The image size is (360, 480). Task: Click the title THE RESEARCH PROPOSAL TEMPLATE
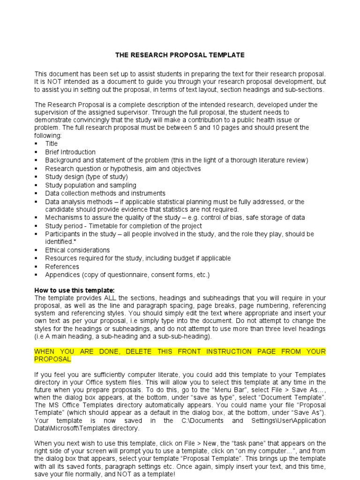(180, 55)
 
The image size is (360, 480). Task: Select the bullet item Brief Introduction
(70, 152)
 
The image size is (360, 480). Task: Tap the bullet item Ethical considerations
(77, 250)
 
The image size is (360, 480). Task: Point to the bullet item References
(62, 266)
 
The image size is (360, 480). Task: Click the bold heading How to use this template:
(74, 290)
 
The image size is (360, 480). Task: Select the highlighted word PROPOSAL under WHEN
(52, 359)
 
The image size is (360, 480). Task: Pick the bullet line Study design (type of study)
(86, 177)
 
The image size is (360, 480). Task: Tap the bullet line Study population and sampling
(90, 185)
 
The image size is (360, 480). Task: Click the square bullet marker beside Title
(36, 144)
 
